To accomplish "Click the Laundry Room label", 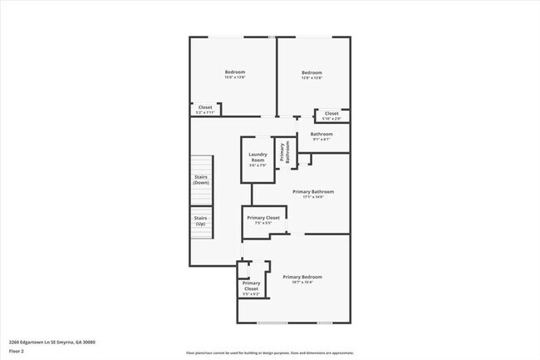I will coord(258,156).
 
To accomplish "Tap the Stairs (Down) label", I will coord(201,180).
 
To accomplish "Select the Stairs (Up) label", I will coord(201,220).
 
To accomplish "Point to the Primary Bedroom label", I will coord(302,276).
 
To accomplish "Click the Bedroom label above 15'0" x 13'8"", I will coord(235,72).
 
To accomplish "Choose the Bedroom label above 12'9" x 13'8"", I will coord(312,72).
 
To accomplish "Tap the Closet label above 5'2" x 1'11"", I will coord(204,106).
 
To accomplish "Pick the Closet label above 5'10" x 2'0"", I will coord(331,113).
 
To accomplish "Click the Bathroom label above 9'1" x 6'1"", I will coord(322,134).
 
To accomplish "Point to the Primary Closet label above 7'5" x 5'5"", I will coord(263,217).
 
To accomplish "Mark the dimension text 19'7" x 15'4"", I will coord(302,282).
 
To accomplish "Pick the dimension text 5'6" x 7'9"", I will coord(258,165).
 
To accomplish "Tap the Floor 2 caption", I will coord(16,351).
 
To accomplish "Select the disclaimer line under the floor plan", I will coord(270,353).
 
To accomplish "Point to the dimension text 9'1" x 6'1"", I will coord(322,140).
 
